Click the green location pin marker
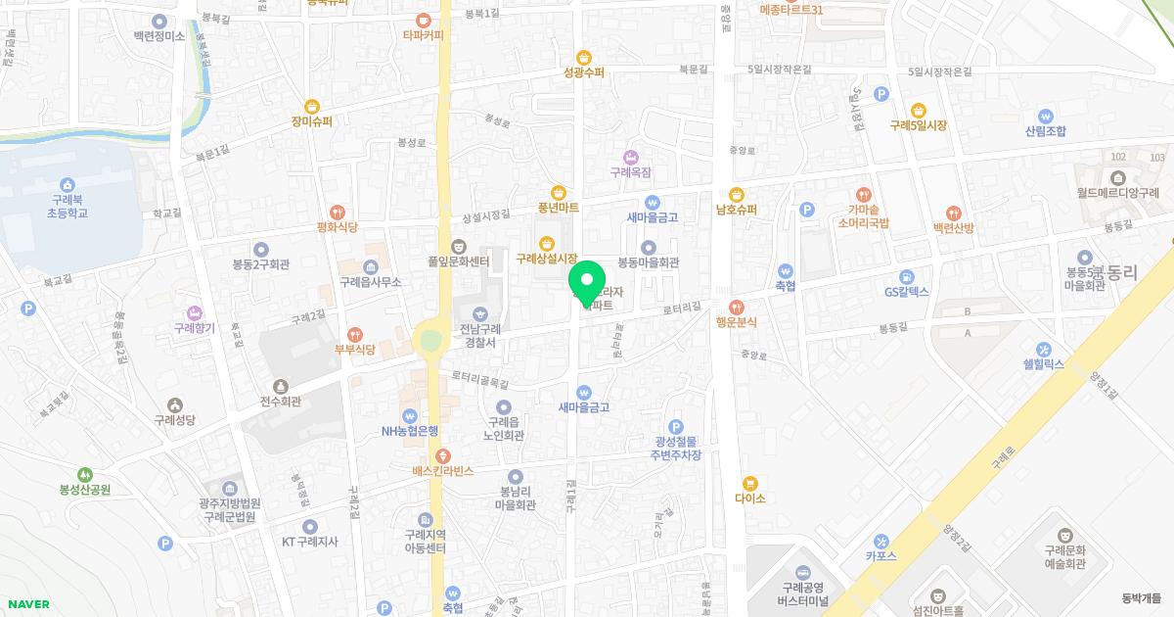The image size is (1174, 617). [586, 281]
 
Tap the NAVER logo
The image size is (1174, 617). [27, 604]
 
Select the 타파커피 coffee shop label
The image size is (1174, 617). [423, 35]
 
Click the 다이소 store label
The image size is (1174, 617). [749, 498]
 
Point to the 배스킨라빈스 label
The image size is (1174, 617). [442, 471]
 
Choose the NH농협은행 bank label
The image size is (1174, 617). [410, 430]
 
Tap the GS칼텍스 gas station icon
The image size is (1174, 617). [906, 276]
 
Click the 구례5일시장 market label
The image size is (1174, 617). [918, 125]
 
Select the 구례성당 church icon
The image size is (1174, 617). [175, 404]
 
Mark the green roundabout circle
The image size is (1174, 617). [428, 341]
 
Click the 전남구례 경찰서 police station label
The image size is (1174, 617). [480, 336]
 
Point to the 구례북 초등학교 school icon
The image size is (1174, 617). [67, 185]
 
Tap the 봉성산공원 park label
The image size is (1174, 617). [85, 489]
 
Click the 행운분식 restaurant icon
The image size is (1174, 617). [737, 306]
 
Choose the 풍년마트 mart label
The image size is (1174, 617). [558, 208]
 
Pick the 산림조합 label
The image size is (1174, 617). [1045, 130]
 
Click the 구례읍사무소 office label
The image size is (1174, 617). [370, 281]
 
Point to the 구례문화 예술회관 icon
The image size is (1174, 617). [1065, 537]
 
